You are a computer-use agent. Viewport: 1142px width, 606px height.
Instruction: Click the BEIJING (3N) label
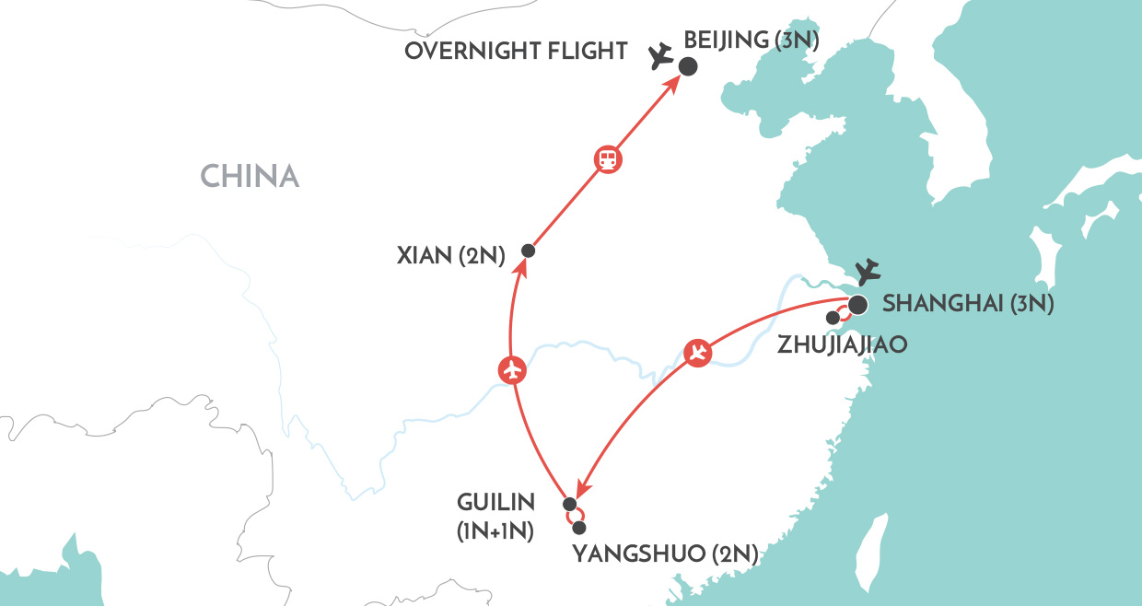pos(752,40)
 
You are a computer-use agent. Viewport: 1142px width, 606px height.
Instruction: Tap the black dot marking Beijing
pos(687,66)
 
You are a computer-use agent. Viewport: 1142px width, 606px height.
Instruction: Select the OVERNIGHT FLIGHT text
pos(517,51)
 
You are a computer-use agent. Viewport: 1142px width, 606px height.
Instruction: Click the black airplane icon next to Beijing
pos(660,57)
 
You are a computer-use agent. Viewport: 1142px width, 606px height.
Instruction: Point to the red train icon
pos(608,159)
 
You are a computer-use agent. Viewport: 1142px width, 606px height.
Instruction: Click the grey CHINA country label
pos(250,176)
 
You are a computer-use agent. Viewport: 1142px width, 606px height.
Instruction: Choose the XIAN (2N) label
pos(451,256)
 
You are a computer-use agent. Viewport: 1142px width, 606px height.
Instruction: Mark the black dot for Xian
pos(528,251)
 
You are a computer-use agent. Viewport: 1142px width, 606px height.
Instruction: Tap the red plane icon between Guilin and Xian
pos(512,369)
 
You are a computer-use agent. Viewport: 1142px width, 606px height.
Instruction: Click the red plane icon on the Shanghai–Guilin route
pos(699,353)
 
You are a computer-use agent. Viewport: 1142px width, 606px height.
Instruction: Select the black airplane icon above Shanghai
pos(867,273)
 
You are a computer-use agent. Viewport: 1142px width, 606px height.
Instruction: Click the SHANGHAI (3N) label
pos(968,304)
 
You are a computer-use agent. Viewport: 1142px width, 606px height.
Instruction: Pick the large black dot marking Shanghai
pos(857,305)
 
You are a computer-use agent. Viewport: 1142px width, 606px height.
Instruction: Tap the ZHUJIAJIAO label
pos(842,344)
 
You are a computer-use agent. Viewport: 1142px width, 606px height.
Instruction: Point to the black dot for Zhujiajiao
pos(833,318)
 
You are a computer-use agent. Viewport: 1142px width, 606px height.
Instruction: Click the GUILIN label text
pos(496,503)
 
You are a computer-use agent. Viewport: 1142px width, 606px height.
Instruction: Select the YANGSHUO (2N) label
pos(665,554)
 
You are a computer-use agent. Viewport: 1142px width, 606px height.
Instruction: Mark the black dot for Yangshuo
pos(579,528)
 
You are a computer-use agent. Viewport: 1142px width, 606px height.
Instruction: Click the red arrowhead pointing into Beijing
pos(675,82)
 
